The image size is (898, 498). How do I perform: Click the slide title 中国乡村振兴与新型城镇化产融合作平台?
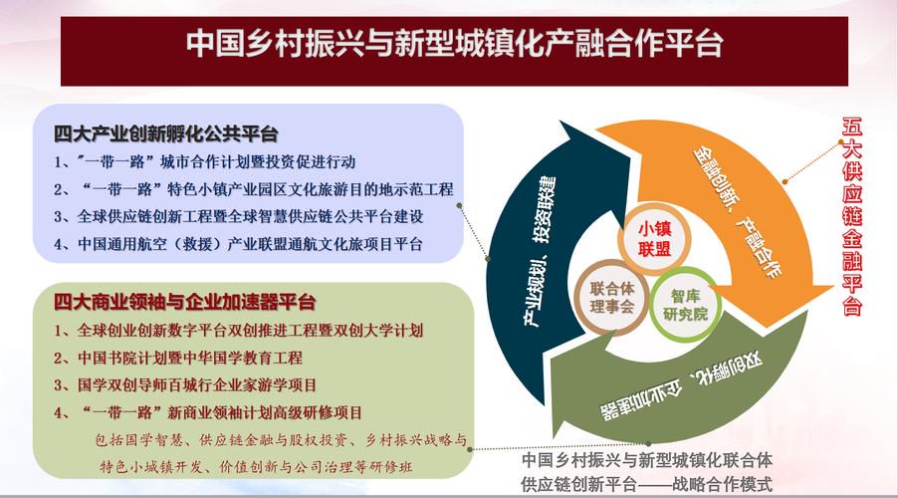(454, 44)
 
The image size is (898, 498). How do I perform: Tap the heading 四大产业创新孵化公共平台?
(165, 134)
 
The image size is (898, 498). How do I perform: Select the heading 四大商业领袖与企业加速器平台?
(184, 302)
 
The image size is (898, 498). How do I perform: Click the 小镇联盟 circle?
(654, 239)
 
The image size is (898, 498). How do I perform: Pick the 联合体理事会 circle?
(611, 298)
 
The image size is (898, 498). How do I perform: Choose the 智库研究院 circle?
(685, 305)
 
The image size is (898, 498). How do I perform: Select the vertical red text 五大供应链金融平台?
(851, 216)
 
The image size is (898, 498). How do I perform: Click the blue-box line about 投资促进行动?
(204, 162)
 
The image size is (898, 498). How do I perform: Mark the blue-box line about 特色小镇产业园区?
(254, 189)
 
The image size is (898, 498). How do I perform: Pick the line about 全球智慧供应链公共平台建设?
(239, 216)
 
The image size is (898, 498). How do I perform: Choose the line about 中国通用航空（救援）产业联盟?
(238, 244)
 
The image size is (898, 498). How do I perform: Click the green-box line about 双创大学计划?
(238, 331)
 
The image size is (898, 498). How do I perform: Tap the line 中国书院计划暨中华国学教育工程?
(178, 359)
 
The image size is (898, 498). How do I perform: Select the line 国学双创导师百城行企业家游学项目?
(185, 385)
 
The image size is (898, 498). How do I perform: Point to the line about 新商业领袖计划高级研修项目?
(208, 412)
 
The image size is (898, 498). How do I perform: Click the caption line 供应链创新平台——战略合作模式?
(646, 484)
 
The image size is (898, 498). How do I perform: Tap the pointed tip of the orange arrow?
(834, 286)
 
